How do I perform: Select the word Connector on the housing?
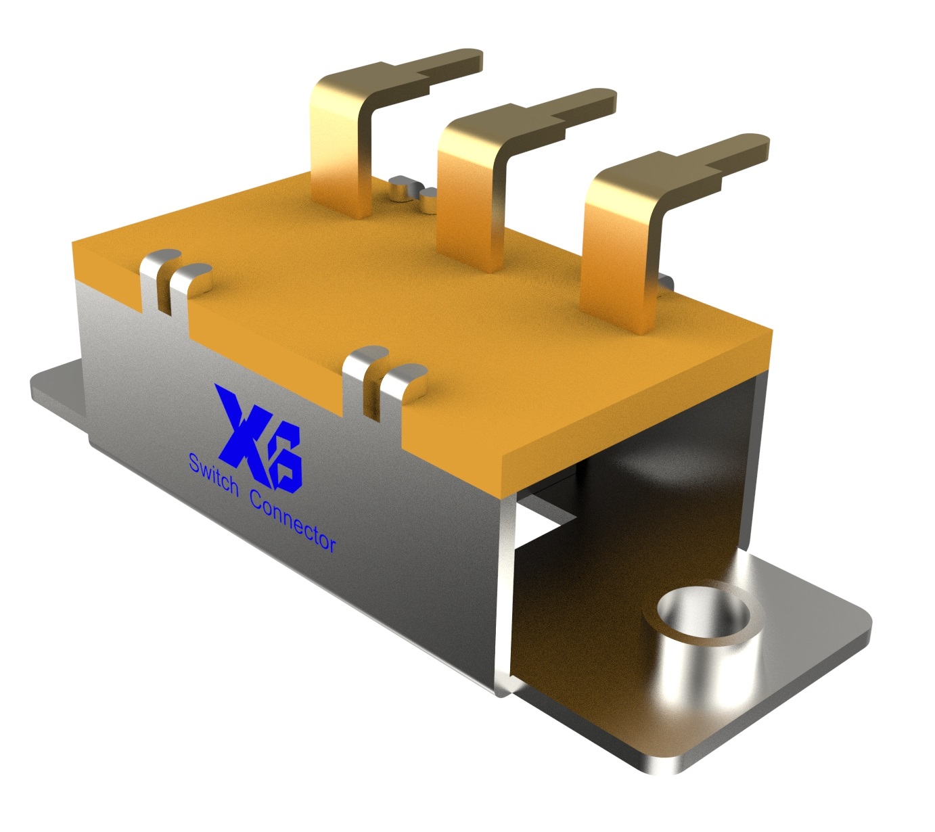pyautogui.click(x=292, y=522)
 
